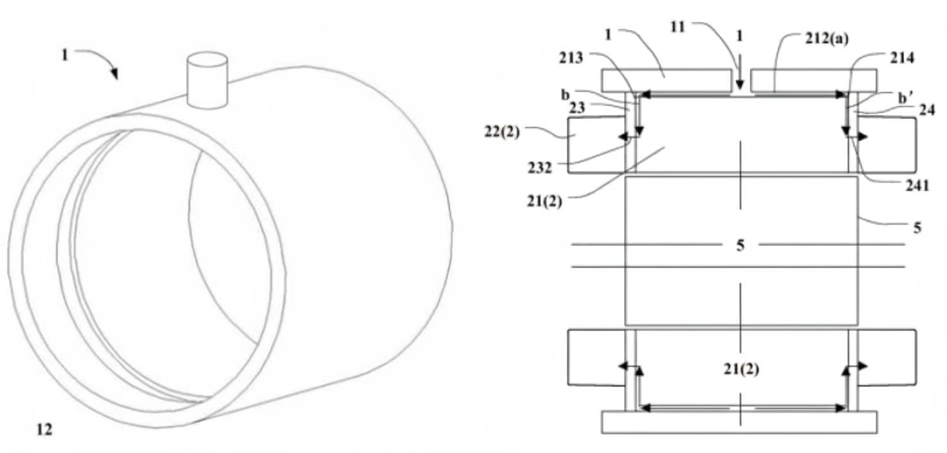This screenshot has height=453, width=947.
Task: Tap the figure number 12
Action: (44, 429)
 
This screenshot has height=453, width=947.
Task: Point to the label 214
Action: (903, 58)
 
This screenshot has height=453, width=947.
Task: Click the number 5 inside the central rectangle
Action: (740, 245)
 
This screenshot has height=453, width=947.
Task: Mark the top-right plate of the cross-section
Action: (813, 80)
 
